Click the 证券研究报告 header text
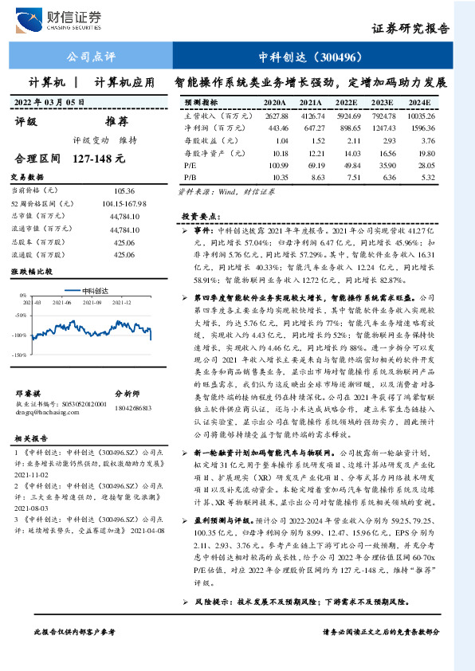(410, 28)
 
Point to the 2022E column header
(346, 103)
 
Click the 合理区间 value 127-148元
(99, 159)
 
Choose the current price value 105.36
(124, 191)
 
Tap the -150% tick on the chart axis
(20, 353)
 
